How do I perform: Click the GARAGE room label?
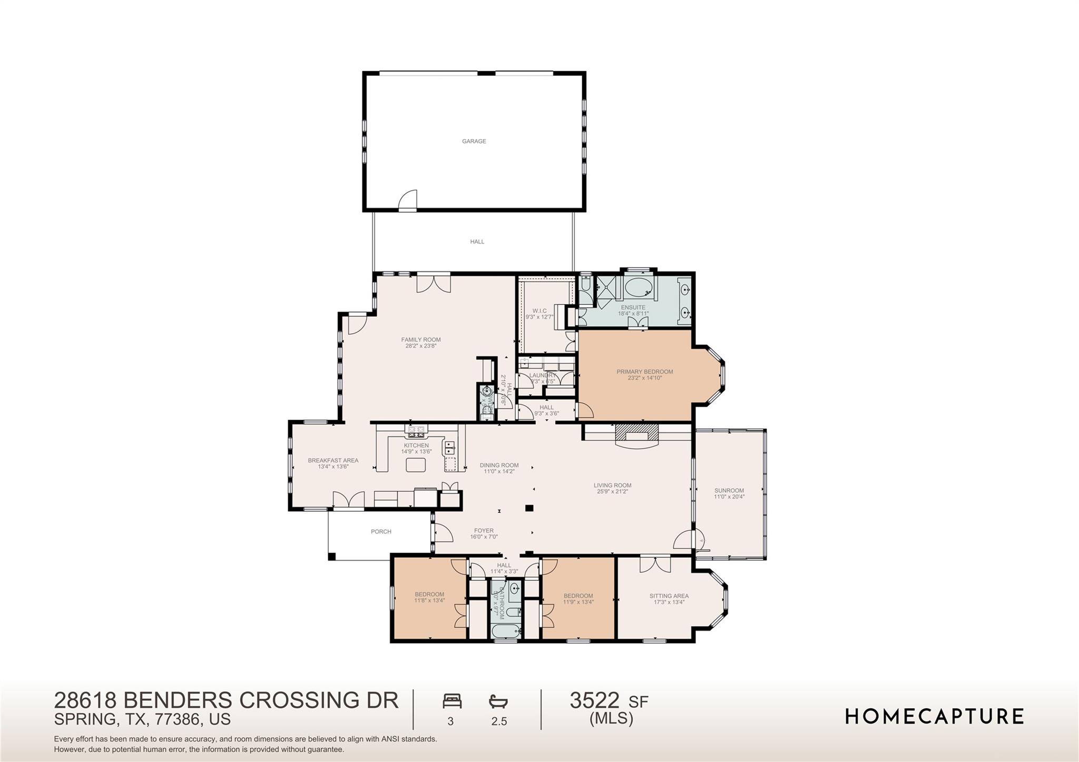474,141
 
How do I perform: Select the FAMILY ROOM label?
420,340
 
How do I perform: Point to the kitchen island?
416,464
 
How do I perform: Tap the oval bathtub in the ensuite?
639,288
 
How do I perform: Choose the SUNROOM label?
729,490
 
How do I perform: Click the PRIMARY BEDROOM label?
644,372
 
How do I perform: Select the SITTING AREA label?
669,596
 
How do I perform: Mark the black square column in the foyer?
529,508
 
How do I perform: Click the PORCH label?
381,531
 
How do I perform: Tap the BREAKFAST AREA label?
333,460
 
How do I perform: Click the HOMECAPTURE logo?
934,716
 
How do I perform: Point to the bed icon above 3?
452,701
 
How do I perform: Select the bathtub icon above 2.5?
498,701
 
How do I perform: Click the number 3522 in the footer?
594,700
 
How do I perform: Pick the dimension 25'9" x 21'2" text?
612,491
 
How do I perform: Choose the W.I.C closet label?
539,311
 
